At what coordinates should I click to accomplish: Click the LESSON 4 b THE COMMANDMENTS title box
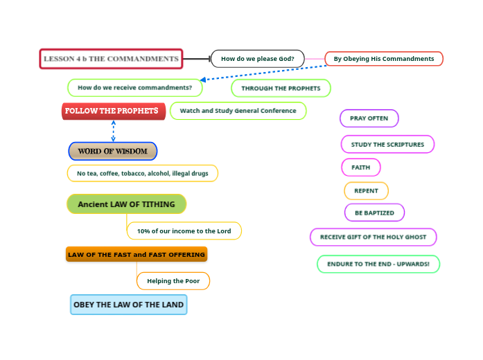pyautogui.click(x=111, y=59)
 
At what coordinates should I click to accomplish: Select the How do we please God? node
pyautogui.click(x=257, y=59)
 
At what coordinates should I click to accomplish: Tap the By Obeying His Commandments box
pyautogui.click(x=383, y=59)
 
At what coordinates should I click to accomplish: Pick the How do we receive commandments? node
pyautogui.click(x=135, y=88)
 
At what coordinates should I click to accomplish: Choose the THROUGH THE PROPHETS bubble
pyautogui.click(x=281, y=89)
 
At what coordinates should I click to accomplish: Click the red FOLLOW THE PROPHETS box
pyautogui.click(x=113, y=111)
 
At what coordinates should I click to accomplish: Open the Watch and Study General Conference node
pyautogui.click(x=238, y=111)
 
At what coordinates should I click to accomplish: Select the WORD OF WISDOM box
pyautogui.click(x=113, y=151)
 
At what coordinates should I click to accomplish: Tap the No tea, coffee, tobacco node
pyautogui.click(x=142, y=173)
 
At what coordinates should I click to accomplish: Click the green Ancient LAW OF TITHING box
pyautogui.click(x=126, y=204)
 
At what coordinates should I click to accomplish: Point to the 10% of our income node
pyautogui.click(x=184, y=231)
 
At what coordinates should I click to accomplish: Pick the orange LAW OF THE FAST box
pyautogui.click(x=137, y=255)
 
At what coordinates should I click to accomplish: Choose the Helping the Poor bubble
pyautogui.click(x=173, y=281)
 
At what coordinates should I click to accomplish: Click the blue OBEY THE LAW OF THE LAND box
pyautogui.click(x=129, y=305)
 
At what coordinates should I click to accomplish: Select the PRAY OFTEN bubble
pyautogui.click(x=369, y=118)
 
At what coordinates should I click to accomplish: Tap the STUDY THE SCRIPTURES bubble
pyautogui.click(x=387, y=145)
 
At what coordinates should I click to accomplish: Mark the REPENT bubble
pyautogui.click(x=366, y=191)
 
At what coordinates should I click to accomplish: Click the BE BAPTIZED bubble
pyautogui.click(x=374, y=213)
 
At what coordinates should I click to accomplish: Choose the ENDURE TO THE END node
pyautogui.click(x=378, y=264)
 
